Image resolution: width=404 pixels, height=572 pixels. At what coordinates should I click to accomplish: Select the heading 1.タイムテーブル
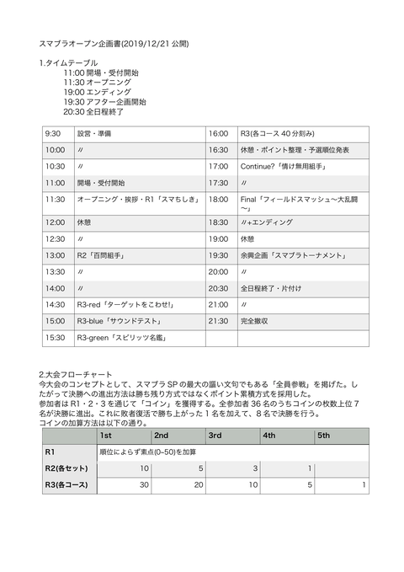68,63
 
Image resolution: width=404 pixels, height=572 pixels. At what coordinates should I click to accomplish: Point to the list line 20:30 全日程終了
93,110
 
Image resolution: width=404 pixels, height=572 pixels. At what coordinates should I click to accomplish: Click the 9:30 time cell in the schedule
53,133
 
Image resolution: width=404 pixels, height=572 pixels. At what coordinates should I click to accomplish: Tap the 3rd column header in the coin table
215,436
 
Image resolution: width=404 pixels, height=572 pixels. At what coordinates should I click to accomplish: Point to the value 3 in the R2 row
254,468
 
